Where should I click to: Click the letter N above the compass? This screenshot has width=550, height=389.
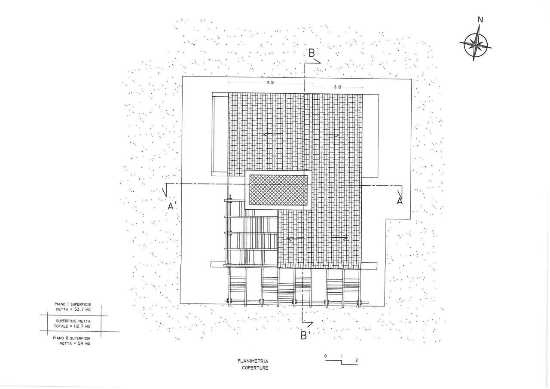point(480,20)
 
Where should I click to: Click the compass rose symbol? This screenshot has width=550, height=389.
point(476,45)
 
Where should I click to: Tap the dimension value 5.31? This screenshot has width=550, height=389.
point(271,83)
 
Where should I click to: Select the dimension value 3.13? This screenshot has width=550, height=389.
point(338,87)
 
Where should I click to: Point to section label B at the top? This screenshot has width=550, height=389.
point(312,53)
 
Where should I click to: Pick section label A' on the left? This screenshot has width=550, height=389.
point(172,206)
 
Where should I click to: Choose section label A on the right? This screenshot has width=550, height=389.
point(400,201)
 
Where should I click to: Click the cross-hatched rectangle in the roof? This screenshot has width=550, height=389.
point(278,190)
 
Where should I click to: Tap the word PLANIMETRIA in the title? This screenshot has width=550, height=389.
point(253,361)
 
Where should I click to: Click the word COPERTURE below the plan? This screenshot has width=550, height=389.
point(255,368)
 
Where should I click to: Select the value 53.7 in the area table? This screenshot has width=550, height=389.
point(79,309)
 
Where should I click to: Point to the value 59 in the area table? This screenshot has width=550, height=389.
point(81,343)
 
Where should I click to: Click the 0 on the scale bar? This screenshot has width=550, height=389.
point(326,356)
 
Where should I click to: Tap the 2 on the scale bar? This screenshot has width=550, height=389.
point(357,361)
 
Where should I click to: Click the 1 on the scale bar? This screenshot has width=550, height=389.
point(342,356)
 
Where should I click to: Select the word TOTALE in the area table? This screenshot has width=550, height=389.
point(61,326)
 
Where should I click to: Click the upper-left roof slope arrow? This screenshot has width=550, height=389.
point(272,134)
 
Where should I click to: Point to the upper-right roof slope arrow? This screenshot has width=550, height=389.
point(331,135)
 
